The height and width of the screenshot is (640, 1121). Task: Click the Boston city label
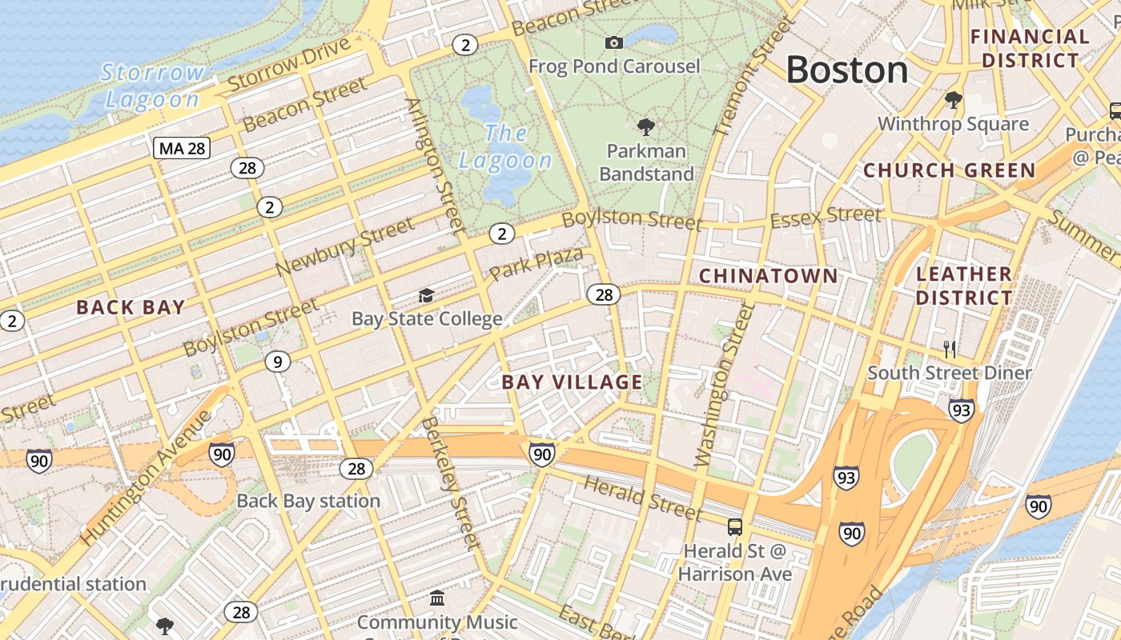pyautogui.click(x=847, y=70)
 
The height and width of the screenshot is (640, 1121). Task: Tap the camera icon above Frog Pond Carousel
pyautogui.click(x=614, y=42)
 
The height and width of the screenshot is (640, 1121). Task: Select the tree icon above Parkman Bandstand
pyautogui.click(x=645, y=126)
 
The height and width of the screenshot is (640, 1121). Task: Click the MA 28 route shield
pyautogui.click(x=182, y=148)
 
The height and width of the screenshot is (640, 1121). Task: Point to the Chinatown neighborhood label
pyautogui.click(x=768, y=276)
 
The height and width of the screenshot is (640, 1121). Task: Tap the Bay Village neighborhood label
pyautogui.click(x=572, y=382)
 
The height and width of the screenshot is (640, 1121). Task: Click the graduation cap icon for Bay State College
pyautogui.click(x=426, y=296)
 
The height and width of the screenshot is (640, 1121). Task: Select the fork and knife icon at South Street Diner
pyautogui.click(x=950, y=349)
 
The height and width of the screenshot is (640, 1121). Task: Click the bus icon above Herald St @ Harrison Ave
pyautogui.click(x=734, y=526)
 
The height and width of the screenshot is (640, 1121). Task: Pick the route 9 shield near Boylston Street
pyautogui.click(x=277, y=362)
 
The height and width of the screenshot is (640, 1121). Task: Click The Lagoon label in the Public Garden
pyautogui.click(x=505, y=146)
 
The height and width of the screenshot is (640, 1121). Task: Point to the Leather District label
pyautogui.click(x=963, y=286)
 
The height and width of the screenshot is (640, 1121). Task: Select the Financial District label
pyautogui.click(x=1030, y=48)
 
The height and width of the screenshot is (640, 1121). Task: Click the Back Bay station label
pyautogui.click(x=308, y=502)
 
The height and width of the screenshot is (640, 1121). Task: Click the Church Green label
pyautogui.click(x=949, y=170)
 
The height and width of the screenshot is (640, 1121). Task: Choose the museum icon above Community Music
pyautogui.click(x=436, y=598)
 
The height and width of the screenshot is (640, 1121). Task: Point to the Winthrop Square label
pyautogui.click(x=953, y=124)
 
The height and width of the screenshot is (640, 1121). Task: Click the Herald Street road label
pyautogui.click(x=642, y=497)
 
